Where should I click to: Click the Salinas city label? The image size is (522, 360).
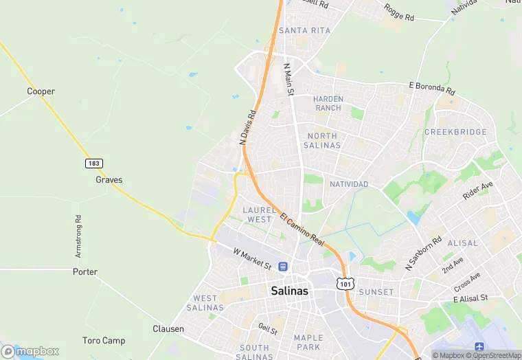pyautogui.click(x=289, y=291)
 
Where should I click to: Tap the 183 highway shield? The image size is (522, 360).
pyautogui.click(x=94, y=163)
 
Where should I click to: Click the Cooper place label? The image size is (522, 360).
pyautogui.click(x=41, y=91)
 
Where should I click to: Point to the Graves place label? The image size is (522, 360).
pyautogui.click(x=109, y=180)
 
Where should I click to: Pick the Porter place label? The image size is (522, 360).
pyautogui.click(x=85, y=272)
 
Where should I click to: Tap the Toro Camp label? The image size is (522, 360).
pyautogui.click(x=104, y=341)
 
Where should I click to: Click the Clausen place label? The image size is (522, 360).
pyautogui.click(x=168, y=329)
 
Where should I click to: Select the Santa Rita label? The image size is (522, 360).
pyautogui.click(x=304, y=30)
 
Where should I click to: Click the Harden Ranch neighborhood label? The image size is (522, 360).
pyautogui.click(x=328, y=104)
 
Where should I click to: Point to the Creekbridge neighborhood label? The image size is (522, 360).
pyautogui.click(x=455, y=132)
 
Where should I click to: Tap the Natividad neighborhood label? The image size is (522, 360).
pyautogui.click(x=349, y=184)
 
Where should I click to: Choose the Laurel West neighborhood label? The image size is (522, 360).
pyautogui.click(x=259, y=214)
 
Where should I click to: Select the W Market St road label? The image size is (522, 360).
pyautogui.click(x=252, y=258)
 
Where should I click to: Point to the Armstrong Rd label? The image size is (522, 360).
pyautogui.click(x=79, y=236)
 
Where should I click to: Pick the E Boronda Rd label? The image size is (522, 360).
pyautogui.click(x=431, y=88)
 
